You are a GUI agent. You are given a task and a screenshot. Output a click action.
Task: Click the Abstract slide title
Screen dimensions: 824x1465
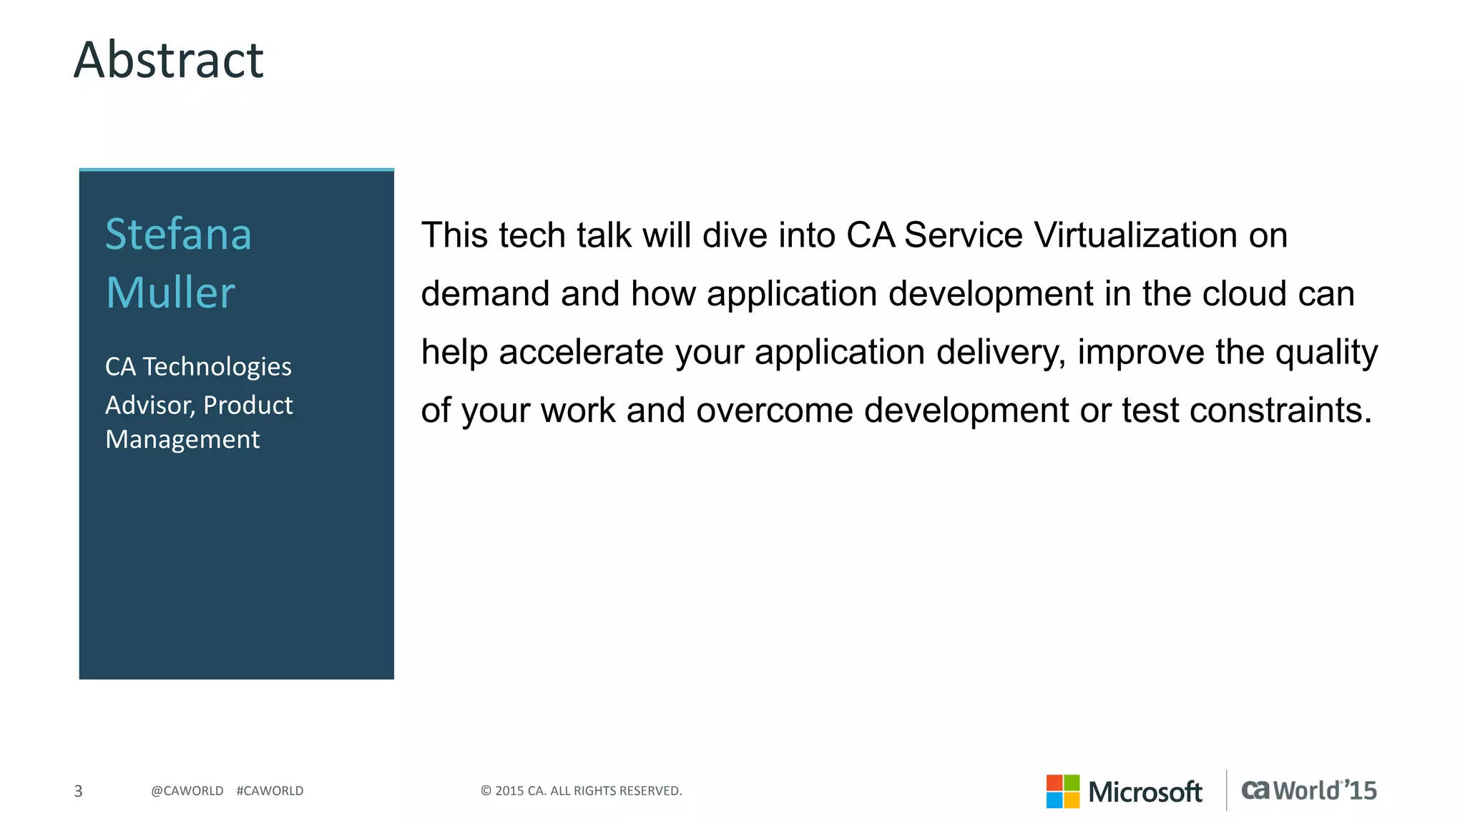click(x=169, y=60)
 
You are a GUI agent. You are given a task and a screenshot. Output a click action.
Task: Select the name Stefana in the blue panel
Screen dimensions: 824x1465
click(x=178, y=234)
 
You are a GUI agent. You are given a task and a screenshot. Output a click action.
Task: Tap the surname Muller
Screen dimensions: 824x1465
click(x=170, y=293)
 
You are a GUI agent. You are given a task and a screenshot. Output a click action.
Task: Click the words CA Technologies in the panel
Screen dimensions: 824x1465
click(x=198, y=367)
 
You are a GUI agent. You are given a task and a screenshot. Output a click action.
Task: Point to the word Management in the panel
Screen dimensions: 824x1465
click(x=182, y=439)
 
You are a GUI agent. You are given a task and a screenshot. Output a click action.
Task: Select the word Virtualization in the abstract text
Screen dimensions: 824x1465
click(x=1136, y=235)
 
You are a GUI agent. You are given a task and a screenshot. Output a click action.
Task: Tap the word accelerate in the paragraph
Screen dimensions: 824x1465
click(x=582, y=352)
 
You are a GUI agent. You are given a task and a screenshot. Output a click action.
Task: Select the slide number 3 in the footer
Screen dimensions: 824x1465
click(x=79, y=791)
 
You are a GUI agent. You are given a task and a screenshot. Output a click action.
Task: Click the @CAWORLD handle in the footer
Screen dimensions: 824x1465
click(x=187, y=791)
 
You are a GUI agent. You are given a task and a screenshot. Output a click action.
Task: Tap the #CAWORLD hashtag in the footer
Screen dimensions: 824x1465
click(x=270, y=791)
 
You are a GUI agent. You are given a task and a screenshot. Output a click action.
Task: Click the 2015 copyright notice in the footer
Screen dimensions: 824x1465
click(x=581, y=791)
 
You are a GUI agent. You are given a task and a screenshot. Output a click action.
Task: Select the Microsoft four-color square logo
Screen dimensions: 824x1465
click(x=1062, y=791)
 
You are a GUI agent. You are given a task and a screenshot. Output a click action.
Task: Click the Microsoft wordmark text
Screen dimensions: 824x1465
click(x=1145, y=792)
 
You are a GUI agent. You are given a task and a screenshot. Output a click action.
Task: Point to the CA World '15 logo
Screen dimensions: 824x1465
click(x=1308, y=790)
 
